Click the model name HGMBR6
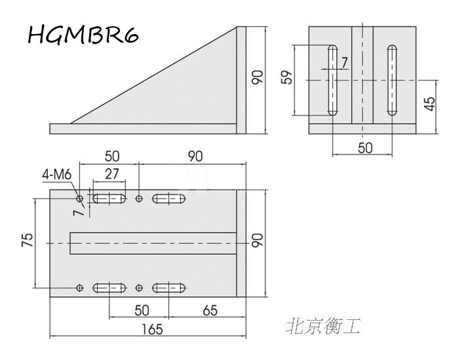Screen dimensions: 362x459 pyautogui.click(x=83, y=35)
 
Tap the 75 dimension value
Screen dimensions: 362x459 pyautogui.click(x=27, y=242)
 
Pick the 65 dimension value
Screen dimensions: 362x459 pyautogui.click(x=210, y=309)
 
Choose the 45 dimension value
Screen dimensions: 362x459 pyautogui.click(x=429, y=104)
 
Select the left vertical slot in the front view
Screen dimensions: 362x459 pyautogui.click(x=332, y=81)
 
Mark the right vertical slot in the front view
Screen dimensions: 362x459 pyautogui.click(x=391, y=81)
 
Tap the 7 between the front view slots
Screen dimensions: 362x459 pyautogui.click(x=345, y=62)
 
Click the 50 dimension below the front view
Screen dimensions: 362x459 pyautogui.click(x=365, y=147)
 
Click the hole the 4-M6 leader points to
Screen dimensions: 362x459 pyautogui.click(x=80, y=198)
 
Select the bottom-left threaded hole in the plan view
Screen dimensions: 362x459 pyautogui.click(x=80, y=288)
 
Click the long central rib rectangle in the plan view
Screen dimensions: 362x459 pyautogui.click(x=152, y=243)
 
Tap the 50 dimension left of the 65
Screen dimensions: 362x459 pyautogui.click(x=142, y=309)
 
